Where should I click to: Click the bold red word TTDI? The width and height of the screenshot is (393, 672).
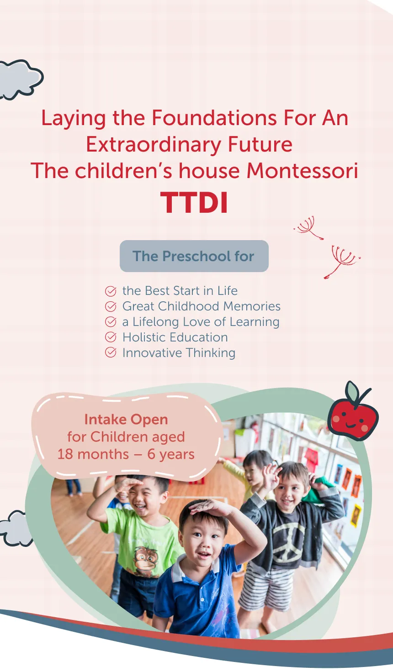(194, 203)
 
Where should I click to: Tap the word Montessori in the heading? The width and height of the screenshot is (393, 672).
(302, 171)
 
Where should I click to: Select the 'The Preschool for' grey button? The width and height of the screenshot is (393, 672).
(194, 256)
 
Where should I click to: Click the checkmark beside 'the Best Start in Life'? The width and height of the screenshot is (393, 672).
(111, 291)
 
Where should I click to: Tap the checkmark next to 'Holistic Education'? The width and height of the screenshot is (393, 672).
(111, 337)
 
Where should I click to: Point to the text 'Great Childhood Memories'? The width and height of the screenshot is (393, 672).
(201, 306)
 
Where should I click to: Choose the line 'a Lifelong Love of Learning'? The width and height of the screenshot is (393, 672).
(201, 322)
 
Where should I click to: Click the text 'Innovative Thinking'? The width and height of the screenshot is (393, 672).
(179, 353)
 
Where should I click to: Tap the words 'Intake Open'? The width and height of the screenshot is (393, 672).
(126, 420)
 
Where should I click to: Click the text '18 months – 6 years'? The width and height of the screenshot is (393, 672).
(126, 454)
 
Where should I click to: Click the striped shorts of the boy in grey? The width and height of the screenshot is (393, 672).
(266, 588)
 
